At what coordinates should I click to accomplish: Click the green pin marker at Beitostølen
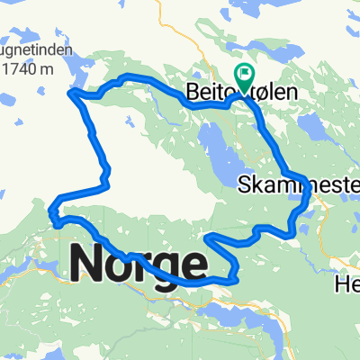coord(244,74)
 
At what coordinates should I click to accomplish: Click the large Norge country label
coord(138,263)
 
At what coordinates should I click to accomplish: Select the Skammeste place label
coord(299,185)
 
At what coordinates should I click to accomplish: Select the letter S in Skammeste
coord(245,185)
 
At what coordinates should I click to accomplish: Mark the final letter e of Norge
coord(193,264)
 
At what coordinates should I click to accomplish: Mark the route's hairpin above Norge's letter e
coord(210,238)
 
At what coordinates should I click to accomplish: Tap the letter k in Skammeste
coord(256,185)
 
